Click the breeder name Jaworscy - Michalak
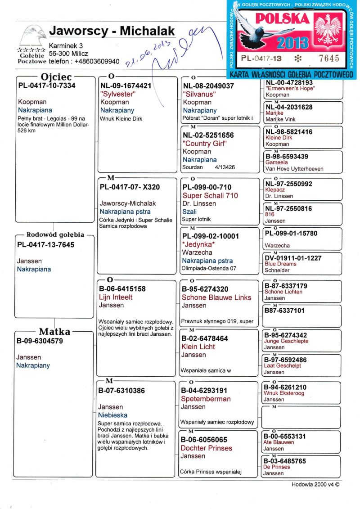(x=112, y=31)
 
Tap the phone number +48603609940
(x=98, y=61)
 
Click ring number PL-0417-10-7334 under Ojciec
(x=47, y=86)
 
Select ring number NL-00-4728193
(x=289, y=83)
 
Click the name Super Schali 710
(x=210, y=196)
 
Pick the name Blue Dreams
(x=280, y=264)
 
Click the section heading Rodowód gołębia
(x=55, y=234)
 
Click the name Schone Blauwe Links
(x=216, y=297)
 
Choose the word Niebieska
(x=112, y=415)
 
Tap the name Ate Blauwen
(x=279, y=442)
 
